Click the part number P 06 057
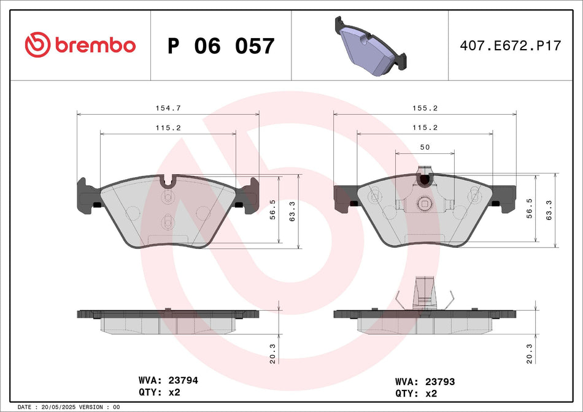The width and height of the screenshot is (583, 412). (221, 46)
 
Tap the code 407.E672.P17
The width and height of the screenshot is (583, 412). (511, 45)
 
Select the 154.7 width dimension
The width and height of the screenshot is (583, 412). (168, 108)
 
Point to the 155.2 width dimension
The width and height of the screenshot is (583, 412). (424, 108)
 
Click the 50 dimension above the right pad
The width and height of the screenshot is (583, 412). (424, 147)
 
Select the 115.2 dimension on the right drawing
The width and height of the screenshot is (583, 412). (424, 128)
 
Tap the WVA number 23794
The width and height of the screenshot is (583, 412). (180, 380)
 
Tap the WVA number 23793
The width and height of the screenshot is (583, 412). (438, 381)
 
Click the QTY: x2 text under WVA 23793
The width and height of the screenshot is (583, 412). (419, 394)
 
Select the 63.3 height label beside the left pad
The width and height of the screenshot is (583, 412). (292, 212)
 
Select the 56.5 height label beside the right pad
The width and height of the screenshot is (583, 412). (530, 208)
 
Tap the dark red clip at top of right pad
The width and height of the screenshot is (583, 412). (424, 180)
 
